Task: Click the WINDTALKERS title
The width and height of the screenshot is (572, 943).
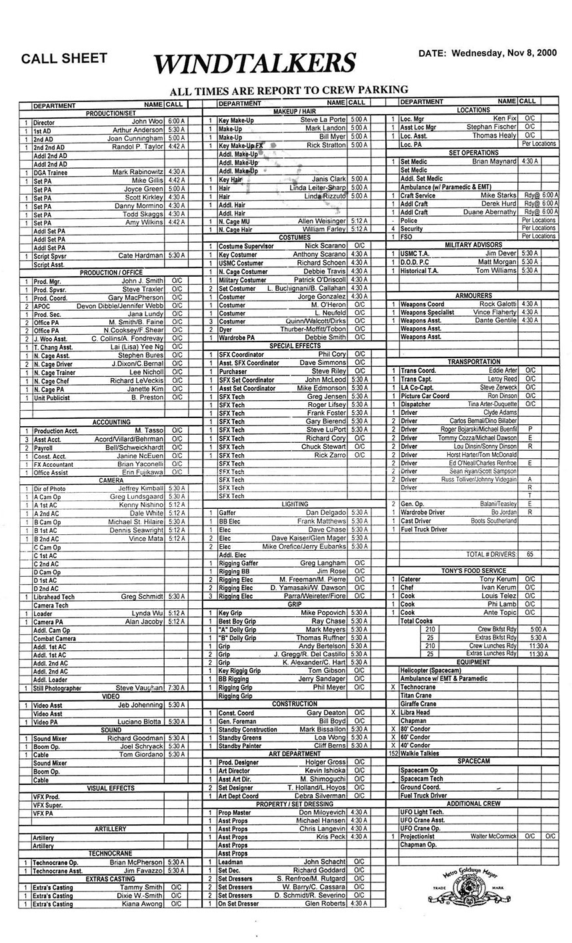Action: click(x=254, y=63)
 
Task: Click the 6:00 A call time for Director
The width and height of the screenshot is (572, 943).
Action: click(x=176, y=122)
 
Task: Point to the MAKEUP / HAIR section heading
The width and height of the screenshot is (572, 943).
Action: click(x=294, y=111)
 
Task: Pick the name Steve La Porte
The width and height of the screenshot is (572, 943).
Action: click(x=323, y=120)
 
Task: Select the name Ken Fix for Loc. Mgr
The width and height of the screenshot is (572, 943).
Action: click(x=505, y=119)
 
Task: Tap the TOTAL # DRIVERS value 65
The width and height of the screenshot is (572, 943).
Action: click(x=530, y=554)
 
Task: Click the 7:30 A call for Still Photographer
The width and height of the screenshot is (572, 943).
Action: click(x=176, y=688)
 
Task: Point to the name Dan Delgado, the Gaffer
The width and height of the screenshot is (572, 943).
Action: click(x=325, y=513)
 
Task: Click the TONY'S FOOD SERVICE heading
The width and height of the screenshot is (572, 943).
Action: click(x=473, y=571)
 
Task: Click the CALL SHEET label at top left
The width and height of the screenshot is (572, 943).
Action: click(x=64, y=58)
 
